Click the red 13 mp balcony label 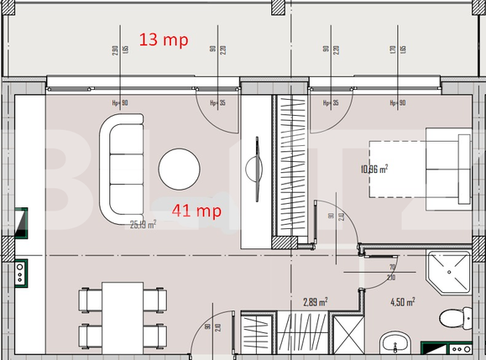(x=164, y=39)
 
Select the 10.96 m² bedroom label (x=374, y=169)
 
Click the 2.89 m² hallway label (x=315, y=300)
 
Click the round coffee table (x=179, y=170)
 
